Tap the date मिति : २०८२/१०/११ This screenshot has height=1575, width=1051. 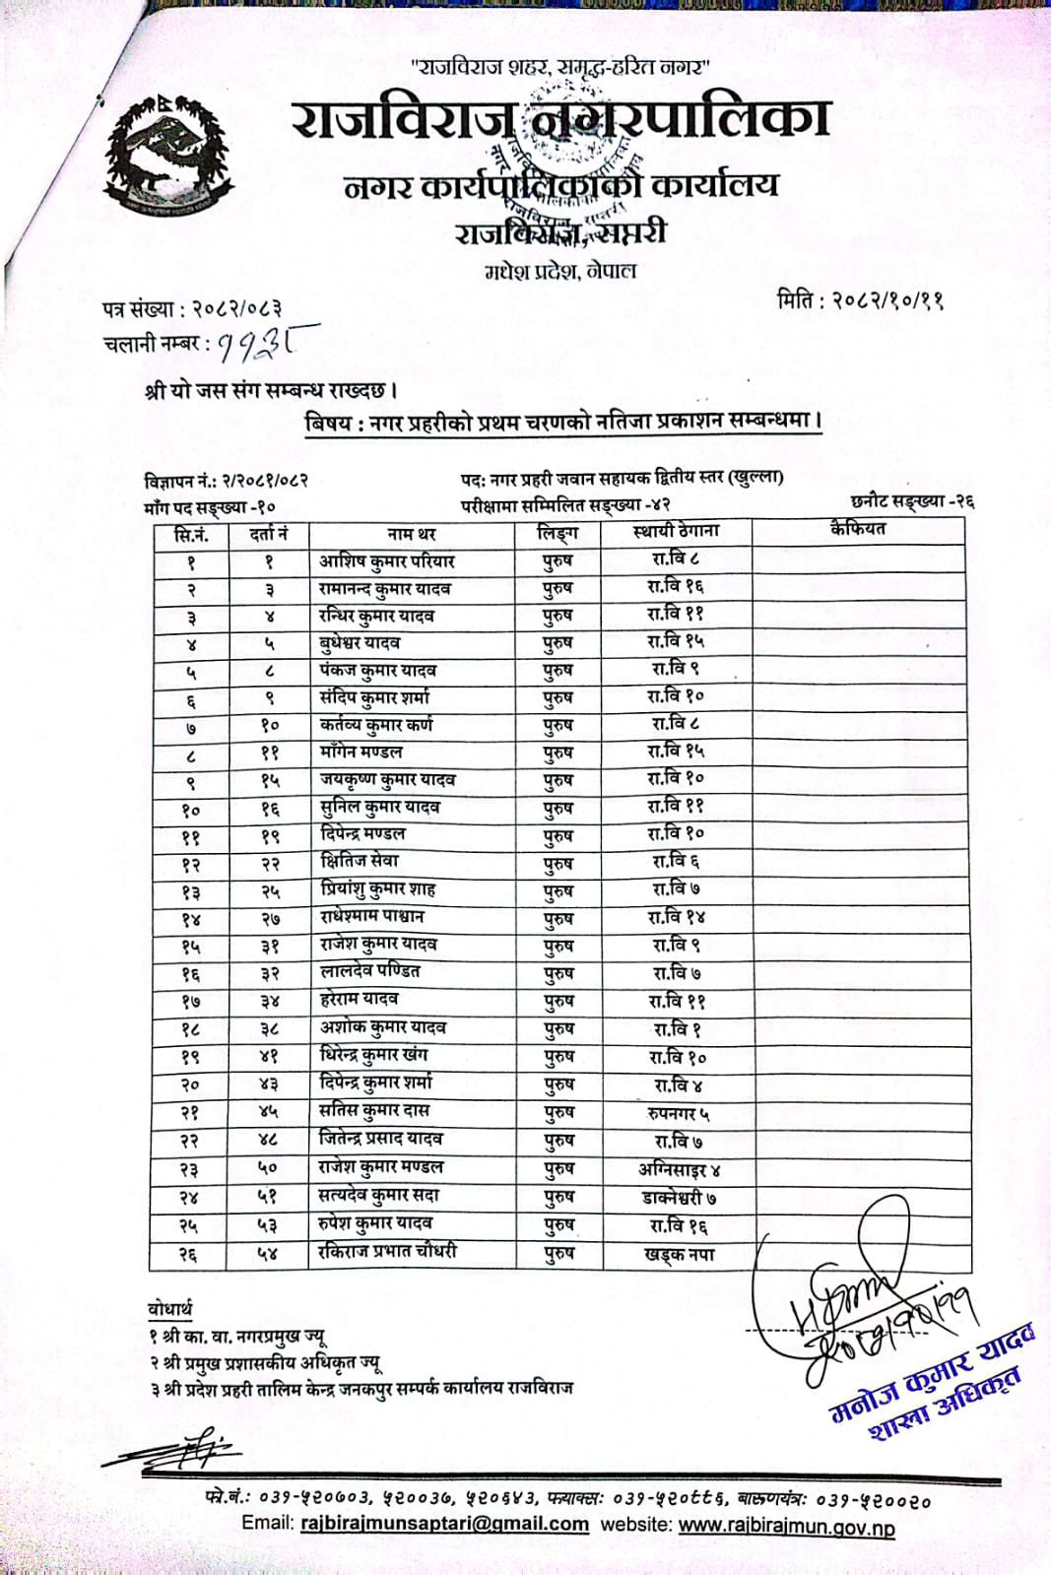click(x=860, y=299)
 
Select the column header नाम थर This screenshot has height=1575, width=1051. click(x=412, y=534)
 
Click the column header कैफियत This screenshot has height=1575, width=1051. click(x=858, y=529)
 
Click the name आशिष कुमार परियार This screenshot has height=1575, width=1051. click(x=386, y=561)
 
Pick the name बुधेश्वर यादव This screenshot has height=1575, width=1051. click(x=361, y=643)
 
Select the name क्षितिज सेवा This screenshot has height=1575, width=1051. click(x=360, y=861)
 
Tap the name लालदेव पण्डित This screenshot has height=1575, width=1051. click(x=370, y=971)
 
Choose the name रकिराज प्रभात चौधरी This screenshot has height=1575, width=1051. click(x=387, y=1252)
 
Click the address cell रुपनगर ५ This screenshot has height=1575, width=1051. click(x=678, y=1114)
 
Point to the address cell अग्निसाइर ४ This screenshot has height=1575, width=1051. click(x=679, y=1170)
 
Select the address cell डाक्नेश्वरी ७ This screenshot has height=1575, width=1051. click(x=679, y=1198)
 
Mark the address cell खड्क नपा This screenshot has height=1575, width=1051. click(x=679, y=1255)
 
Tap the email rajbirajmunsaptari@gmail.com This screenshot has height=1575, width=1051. click(x=443, y=1524)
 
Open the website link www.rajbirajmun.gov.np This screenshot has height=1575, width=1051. click(x=786, y=1527)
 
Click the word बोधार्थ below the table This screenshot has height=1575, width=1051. click(x=170, y=1309)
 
